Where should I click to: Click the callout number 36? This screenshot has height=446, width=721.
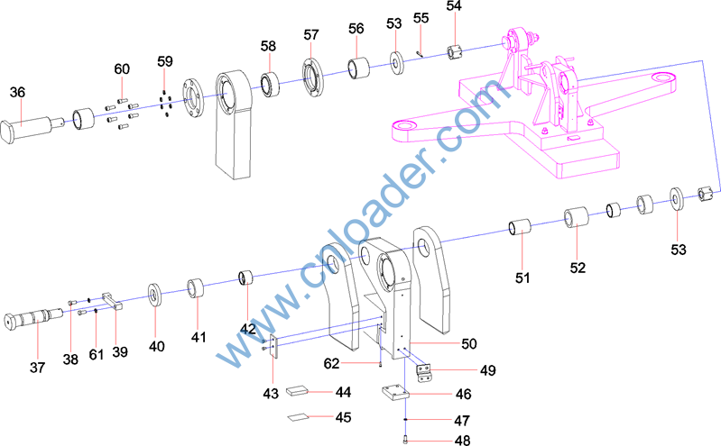17,92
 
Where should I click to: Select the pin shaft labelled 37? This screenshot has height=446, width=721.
33,318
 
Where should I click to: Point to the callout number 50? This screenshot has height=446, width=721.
468,343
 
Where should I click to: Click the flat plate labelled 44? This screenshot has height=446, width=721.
297,391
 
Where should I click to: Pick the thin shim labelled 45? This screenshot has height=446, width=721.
298,417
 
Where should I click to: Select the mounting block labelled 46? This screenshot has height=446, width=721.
395,394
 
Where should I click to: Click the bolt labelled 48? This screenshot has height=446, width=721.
405,440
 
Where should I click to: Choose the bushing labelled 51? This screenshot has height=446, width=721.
520,227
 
